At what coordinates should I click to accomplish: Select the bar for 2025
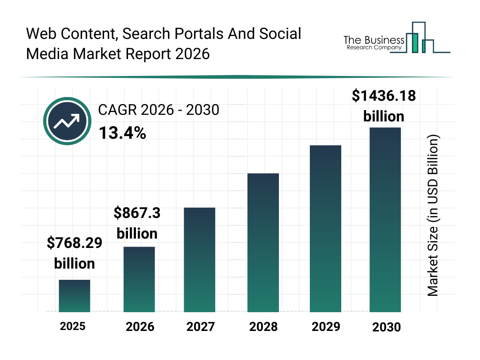[x=75, y=296]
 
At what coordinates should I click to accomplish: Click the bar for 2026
[x=139, y=279]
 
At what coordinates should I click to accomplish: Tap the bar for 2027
[x=200, y=260]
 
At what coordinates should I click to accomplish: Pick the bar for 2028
[x=263, y=243]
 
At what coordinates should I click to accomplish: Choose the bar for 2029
[x=325, y=229]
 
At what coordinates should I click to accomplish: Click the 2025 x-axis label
[x=73, y=326]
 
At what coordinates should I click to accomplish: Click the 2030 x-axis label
[x=387, y=327]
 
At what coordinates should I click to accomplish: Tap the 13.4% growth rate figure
[x=122, y=134]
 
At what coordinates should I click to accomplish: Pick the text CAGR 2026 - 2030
[x=158, y=111]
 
